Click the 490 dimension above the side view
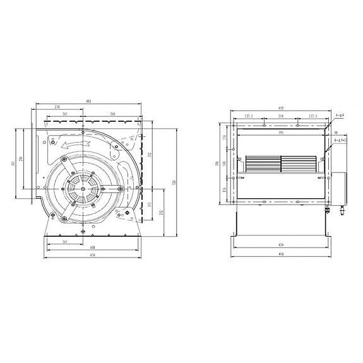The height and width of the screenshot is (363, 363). (x=89, y=101)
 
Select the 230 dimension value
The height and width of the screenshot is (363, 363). (x=57, y=107)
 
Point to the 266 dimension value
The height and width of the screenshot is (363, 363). (x=112, y=114)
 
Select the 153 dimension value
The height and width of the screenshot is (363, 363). (x=149, y=205)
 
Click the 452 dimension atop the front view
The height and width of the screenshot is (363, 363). (x=280, y=108)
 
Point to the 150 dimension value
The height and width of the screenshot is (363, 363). (x=280, y=117)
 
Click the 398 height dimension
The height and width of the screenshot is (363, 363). (x=216, y=163)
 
